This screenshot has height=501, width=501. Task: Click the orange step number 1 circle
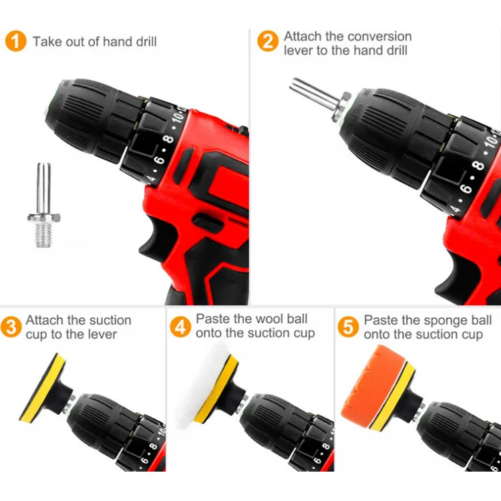pyautogui.click(x=15, y=41)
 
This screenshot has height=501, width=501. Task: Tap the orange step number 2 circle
pyautogui.click(x=268, y=41)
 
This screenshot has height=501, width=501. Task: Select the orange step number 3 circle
pyautogui.click(x=11, y=327)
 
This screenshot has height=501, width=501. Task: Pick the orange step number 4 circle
pyautogui.click(x=180, y=327)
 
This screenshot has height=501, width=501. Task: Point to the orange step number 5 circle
pyautogui.click(x=348, y=327)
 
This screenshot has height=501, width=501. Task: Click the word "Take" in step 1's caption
pyautogui.click(x=47, y=41)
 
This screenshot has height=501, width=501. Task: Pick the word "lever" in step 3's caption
pyautogui.click(x=102, y=334)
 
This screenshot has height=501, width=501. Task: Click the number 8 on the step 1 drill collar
pyautogui.click(x=168, y=140)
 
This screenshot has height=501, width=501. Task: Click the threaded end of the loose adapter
pyautogui.click(x=43, y=235)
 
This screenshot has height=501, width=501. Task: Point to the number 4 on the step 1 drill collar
pyautogui.click(x=152, y=178)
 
